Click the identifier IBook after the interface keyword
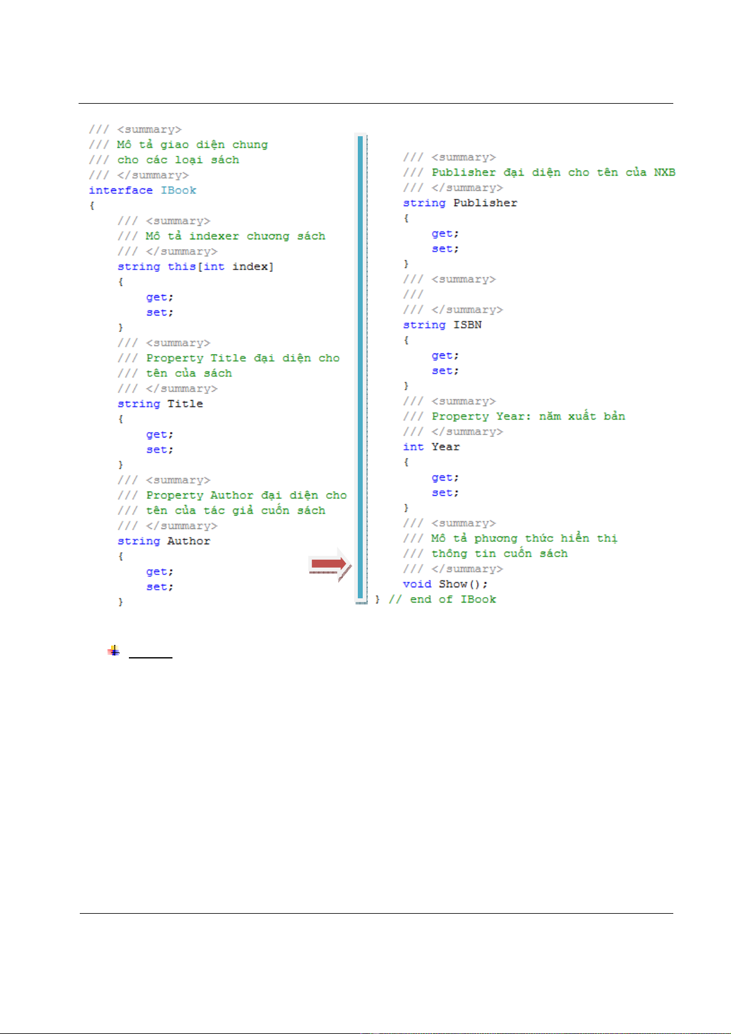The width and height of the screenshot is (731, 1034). click(x=179, y=190)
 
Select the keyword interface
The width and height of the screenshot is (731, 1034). click(x=120, y=190)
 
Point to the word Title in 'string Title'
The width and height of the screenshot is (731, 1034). click(x=185, y=404)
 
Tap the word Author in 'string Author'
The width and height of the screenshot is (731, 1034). click(x=189, y=541)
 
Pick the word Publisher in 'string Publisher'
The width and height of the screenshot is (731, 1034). click(x=485, y=203)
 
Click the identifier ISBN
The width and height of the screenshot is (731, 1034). click(x=468, y=325)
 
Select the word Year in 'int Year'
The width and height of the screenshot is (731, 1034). click(x=446, y=447)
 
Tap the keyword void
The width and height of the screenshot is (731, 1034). click(x=417, y=584)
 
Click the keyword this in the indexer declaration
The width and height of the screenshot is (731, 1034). click(x=182, y=267)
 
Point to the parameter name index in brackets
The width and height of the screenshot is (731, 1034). click(x=250, y=267)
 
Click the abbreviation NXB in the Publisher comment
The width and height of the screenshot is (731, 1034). click(x=665, y=172)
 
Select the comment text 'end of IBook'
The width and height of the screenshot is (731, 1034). click(x=453, y=600)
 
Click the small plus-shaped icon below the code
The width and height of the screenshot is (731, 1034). click(x=114, y=650)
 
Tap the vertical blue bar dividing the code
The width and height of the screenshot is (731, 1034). click(x=361, y=368)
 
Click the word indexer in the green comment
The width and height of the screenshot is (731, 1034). click(x=214, y=236)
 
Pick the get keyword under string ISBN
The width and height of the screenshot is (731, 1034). click(x=444, y=356)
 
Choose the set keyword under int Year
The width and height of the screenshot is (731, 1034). click(x=444, y=493)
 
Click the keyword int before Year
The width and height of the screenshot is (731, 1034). click(x=413, y=447)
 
